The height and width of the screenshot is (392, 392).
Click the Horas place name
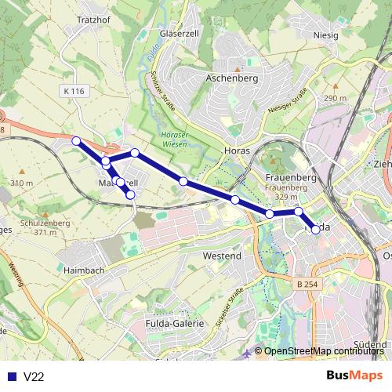[236, 149]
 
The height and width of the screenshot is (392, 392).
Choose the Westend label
[222, 256]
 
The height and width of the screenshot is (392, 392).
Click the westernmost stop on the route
[76, 141]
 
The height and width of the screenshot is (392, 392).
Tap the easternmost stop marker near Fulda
[316, 230]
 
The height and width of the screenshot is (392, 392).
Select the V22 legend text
[34, 377]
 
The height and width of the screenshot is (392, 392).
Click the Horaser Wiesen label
[175, 140]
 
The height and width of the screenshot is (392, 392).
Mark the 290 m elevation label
[335, 98]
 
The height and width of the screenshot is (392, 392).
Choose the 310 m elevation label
[22, 183]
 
